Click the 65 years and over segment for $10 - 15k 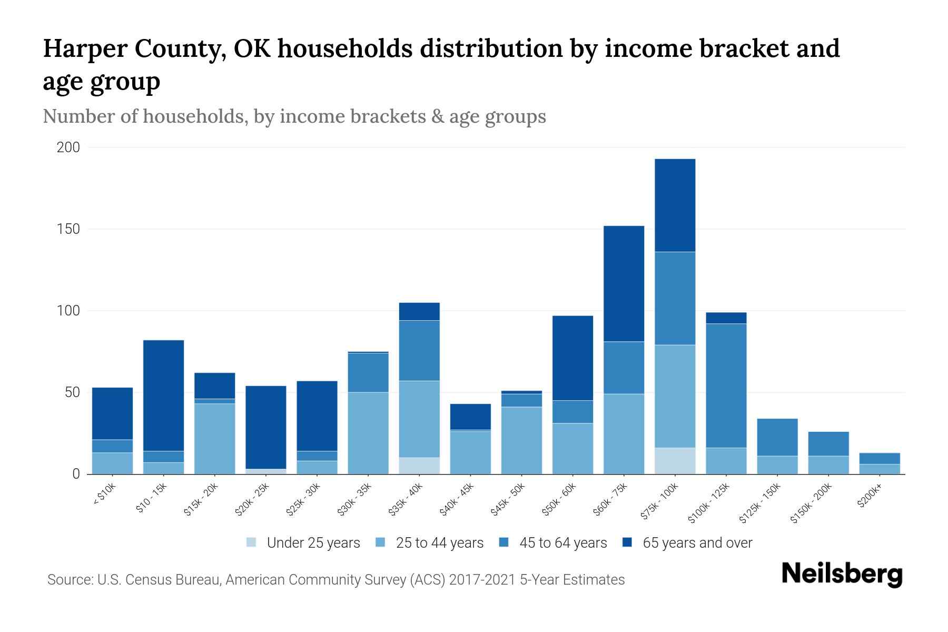[x=163, y=396]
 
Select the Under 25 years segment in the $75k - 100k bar [x=675, y=461]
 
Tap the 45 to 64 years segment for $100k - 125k [x=726, y=386]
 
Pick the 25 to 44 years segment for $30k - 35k [x=368, y=433]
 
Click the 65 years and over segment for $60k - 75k [x=624, y=284]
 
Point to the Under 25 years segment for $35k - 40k [x=419, y=466]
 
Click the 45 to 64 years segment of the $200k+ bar [x=880, y=458]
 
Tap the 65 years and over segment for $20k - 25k [x=265, y=427]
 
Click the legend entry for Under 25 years [x=313, y=543]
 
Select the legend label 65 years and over [x=697, y=543]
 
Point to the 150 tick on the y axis [x=68, y=229]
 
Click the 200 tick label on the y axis [x=68, y=147]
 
